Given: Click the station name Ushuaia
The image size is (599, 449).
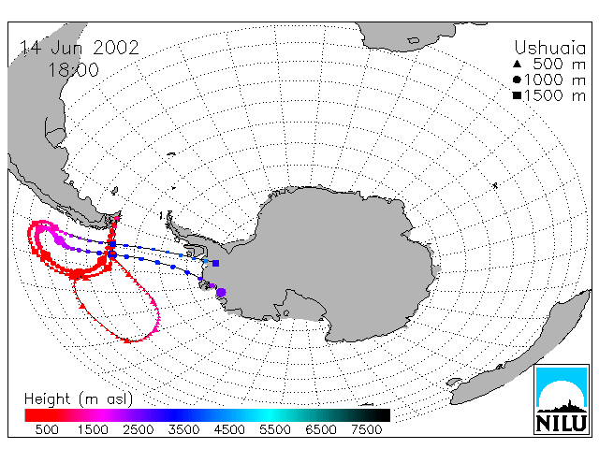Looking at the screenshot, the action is (549, 48).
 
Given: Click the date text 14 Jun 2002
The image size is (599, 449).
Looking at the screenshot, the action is (79, 48).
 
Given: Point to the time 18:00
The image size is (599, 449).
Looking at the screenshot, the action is (73, 69).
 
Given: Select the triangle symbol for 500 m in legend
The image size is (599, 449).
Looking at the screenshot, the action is (517, 64).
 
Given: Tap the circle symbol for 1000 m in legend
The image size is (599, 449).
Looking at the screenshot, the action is (517, 80).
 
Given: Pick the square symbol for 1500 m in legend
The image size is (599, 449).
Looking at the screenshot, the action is (517, 95).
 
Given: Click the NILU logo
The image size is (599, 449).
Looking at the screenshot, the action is (562, 399).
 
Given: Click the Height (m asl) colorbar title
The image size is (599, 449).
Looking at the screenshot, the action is (79, 399).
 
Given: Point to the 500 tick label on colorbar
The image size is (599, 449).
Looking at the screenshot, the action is (47, 429).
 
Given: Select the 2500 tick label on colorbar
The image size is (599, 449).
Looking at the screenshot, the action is (139, 429).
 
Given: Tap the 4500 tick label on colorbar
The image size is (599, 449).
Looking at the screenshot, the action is (229, 429).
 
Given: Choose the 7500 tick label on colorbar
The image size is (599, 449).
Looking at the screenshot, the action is (366, 429).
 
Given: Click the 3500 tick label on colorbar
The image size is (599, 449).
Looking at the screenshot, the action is (183, 429).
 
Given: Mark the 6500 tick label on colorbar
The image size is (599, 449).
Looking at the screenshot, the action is (321, 429).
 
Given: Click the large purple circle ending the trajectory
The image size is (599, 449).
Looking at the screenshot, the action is (221, 293).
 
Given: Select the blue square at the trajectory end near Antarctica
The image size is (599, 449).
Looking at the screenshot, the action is (216, 263).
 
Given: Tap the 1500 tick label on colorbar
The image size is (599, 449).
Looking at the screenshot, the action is (93, 429).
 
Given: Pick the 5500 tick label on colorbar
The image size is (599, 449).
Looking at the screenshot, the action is (275, 429).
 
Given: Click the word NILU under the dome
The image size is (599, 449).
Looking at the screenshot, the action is (562, 423).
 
